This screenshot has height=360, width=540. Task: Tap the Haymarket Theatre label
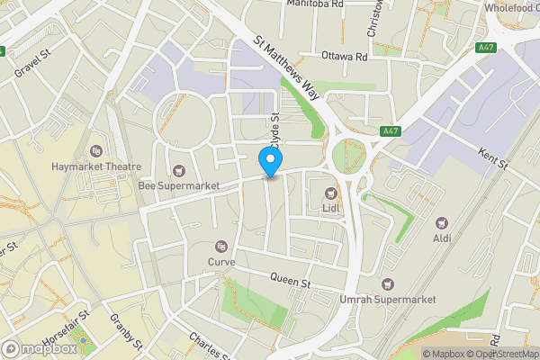coord(97,166)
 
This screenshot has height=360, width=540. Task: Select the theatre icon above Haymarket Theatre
coord(97,151)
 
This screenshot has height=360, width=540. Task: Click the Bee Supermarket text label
coord(179,185)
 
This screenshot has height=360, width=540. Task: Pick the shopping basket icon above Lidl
coord(330,192)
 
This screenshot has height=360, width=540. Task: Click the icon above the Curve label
coord(221,247)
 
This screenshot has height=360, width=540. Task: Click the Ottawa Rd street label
coord(345,56)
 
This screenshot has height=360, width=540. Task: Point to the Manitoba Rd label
coord(315,4)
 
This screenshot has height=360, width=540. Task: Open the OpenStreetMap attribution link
coord(501,354)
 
